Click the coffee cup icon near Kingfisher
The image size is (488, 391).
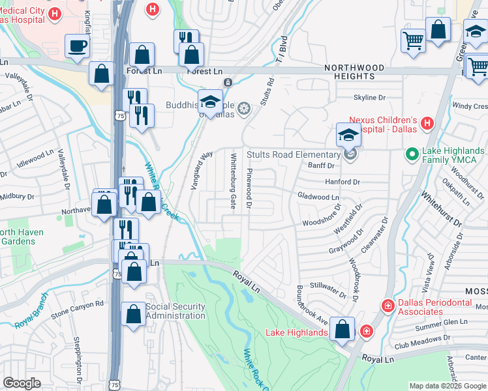tap(78, 47)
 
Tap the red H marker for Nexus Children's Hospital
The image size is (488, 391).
tap(427, 123)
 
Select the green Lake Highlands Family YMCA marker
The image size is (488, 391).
tap(412, 154)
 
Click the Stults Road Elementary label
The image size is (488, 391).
tap(293, 154)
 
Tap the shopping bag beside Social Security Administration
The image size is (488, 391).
tap(133, 315)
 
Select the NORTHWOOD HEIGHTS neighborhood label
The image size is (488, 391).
tap(354, 72)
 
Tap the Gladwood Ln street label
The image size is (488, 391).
tap(318, 196)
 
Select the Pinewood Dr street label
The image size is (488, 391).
tap(249, 188)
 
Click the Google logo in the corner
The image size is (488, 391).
tap(22, 383)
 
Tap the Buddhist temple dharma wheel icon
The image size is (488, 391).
tap(244, 108)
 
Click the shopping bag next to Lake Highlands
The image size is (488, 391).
tap(342, 329)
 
